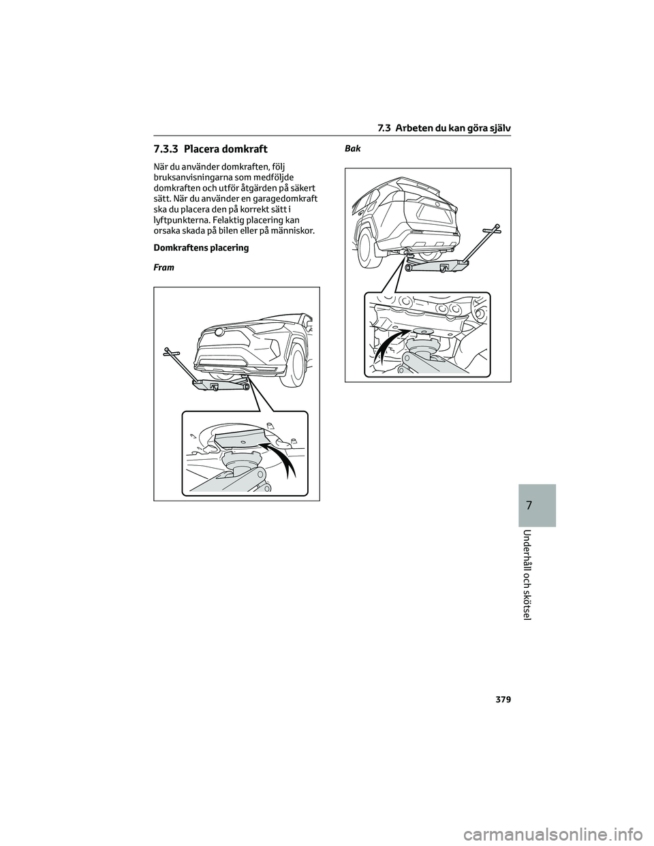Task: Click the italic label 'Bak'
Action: pyautogui.click(x=352, y=148)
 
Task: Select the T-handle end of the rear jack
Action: pyautogui.click(x=497, y=227)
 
